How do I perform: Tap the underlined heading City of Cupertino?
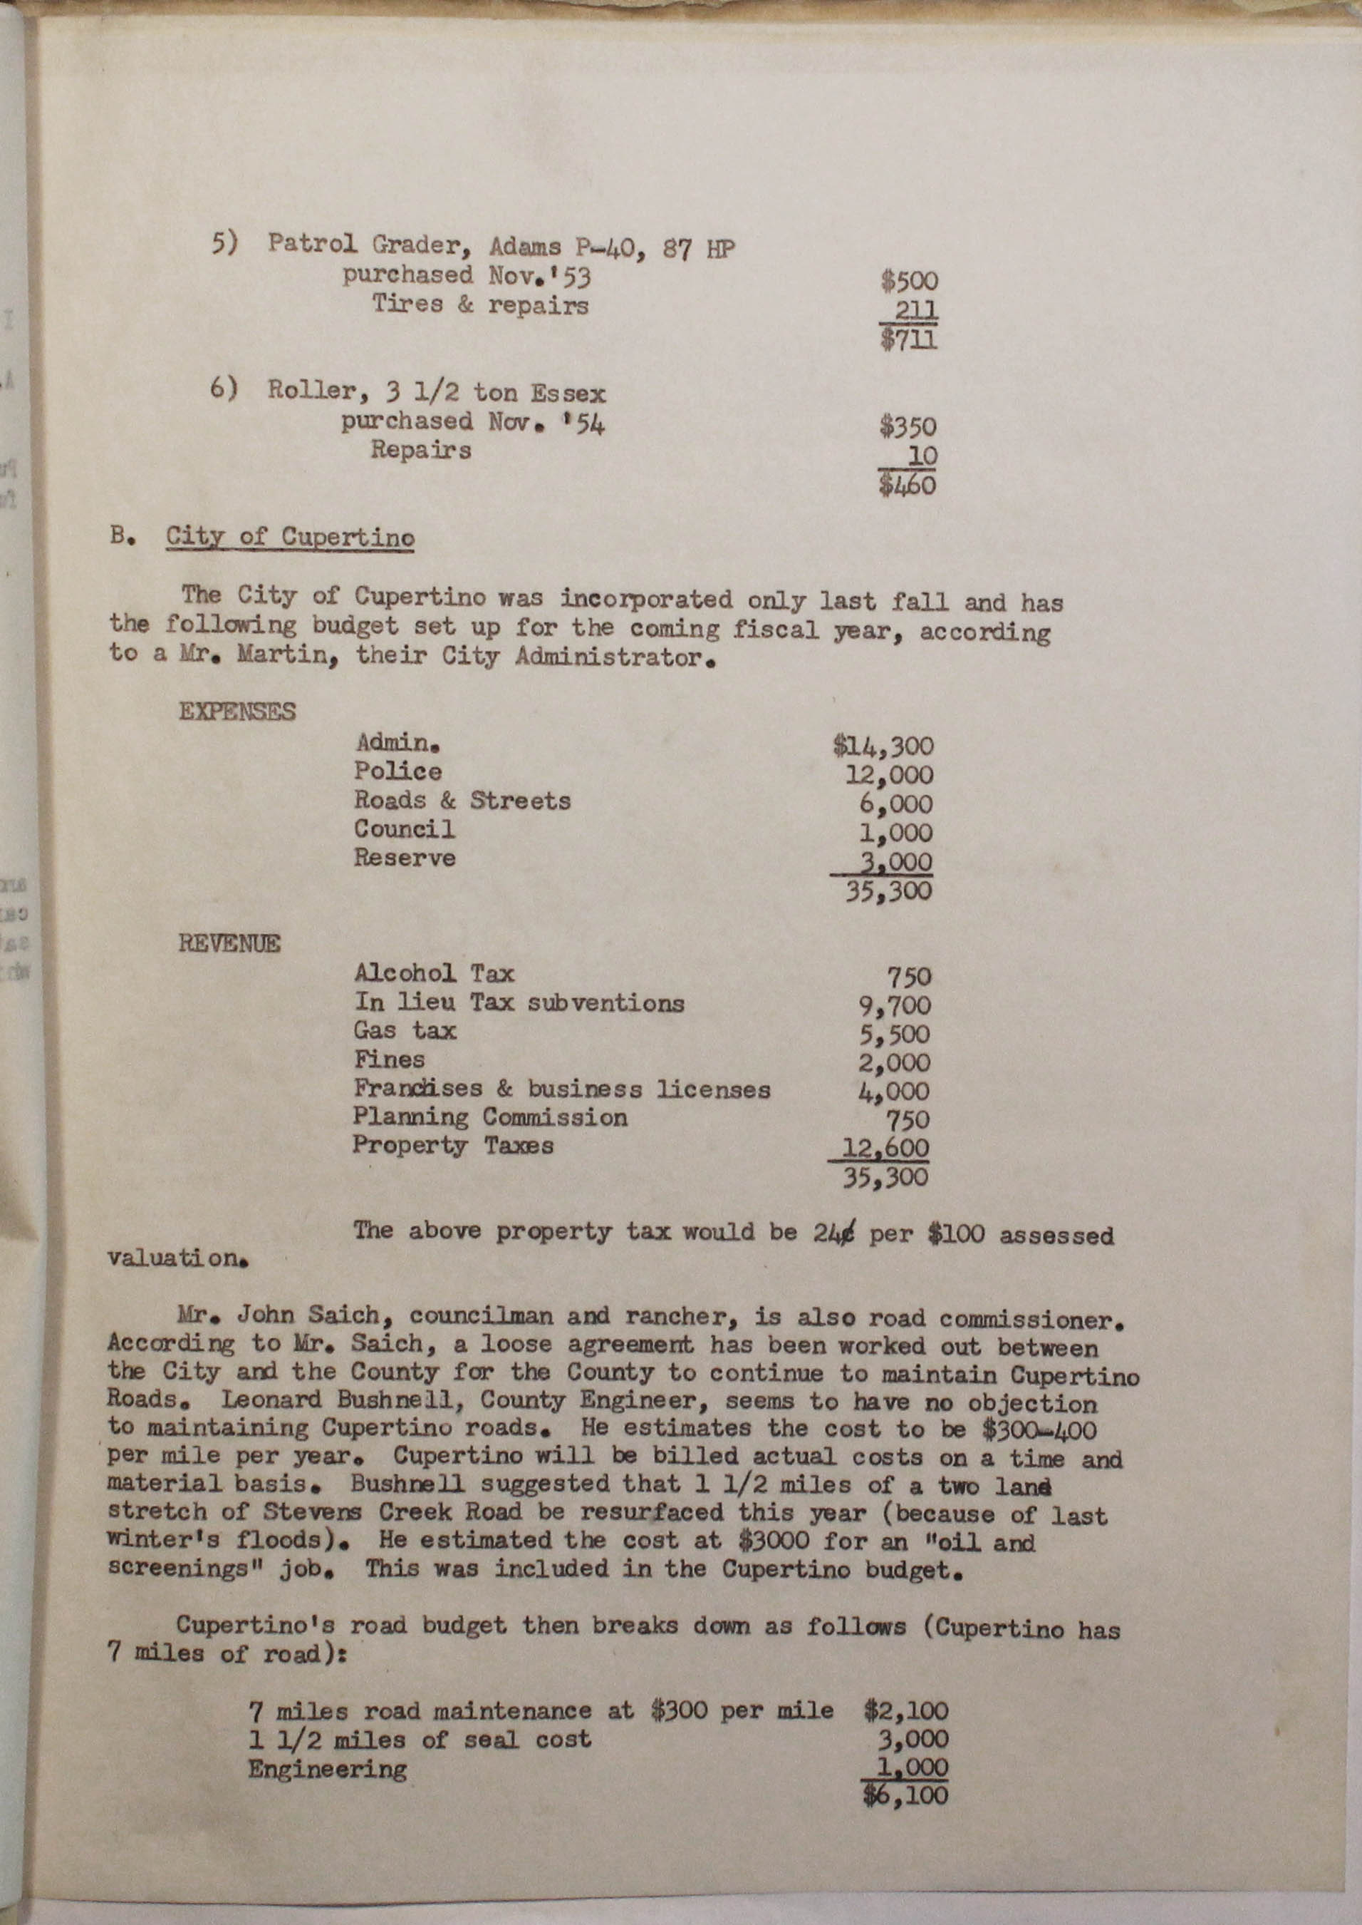tap(289, 536)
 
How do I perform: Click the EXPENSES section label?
tap(237, 712)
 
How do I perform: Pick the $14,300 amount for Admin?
tap(883, 746)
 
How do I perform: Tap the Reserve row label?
tap(404, 858)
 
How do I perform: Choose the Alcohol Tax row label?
tap(434, 973)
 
